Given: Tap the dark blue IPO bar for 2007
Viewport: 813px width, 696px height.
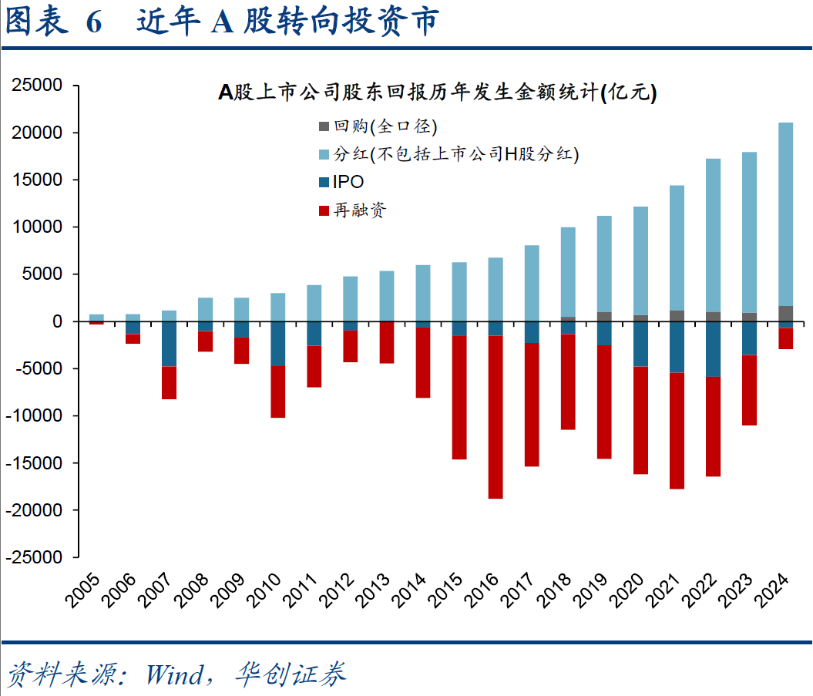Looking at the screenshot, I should tap(169, 344).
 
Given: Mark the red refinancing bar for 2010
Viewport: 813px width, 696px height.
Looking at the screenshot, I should tap(277, 392).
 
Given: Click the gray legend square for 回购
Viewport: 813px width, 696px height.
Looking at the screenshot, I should tap(324, 126).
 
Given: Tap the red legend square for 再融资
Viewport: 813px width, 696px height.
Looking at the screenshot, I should tap(324, 210).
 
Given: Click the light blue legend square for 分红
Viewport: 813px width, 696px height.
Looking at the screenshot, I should tap(324, 153).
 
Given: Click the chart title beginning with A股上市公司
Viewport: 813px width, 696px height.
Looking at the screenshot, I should tap(437, 93).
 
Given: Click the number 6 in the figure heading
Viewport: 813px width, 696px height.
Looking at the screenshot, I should tap(94, 23).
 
